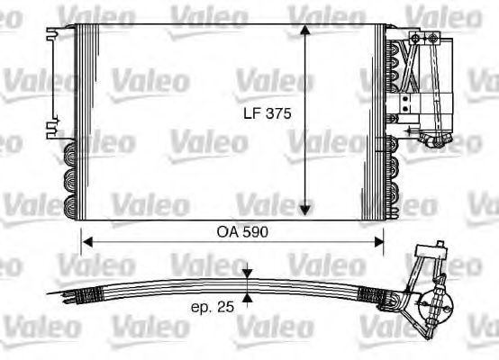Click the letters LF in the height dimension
click(x=253, y=114)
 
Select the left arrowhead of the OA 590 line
click(x=86, y=240)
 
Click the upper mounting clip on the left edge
click(x=48, y=34)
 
